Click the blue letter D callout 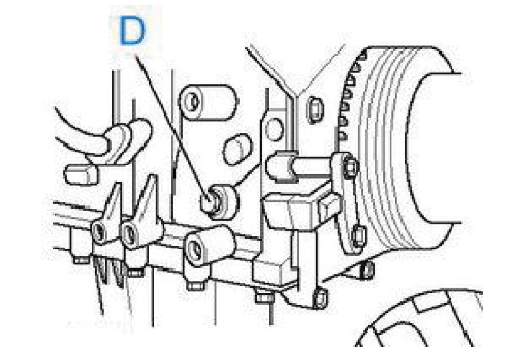click(133, 31)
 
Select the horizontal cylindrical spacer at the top click(207, 102)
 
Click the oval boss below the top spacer click(238, 149)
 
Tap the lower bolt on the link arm click(359, 235)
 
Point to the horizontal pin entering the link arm click(300, 166)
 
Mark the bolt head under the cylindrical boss click(196, 286)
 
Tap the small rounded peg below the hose click(81, 174)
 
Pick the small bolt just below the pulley click(367, 269)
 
